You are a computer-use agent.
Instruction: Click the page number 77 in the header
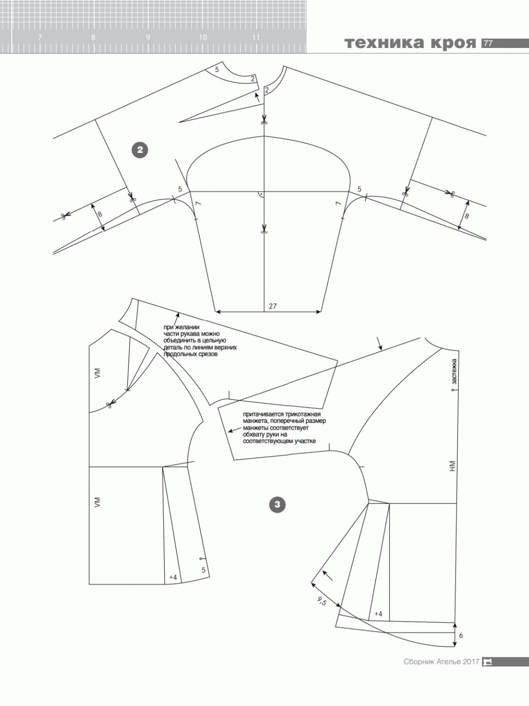(488, 44)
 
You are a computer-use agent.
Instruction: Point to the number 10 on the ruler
(203, 38)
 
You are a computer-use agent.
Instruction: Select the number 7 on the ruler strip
(40, 38)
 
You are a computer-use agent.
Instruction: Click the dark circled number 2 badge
(140, 150)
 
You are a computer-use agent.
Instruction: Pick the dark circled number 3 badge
(277, 505)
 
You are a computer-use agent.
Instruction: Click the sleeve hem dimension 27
(272, 306)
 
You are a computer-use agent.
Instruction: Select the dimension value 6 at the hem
(460, 636)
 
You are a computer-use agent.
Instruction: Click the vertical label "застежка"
(454, 371)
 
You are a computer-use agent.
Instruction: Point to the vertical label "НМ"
(453, 466)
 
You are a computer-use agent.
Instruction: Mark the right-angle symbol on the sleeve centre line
(261, 195)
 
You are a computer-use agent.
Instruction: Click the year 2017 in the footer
(471, 671)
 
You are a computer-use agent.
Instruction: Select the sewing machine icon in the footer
(487, 671)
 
